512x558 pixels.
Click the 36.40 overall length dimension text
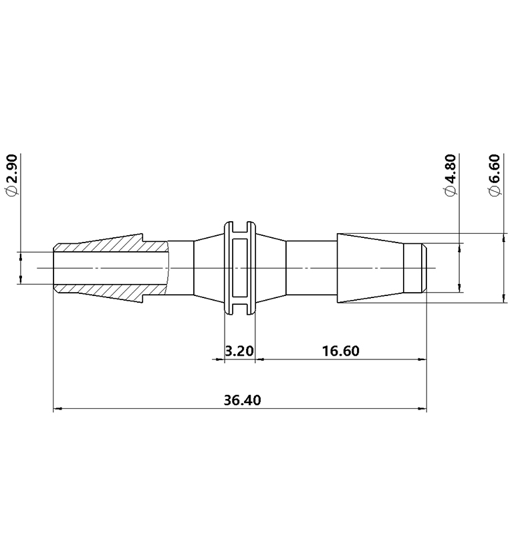coord(243,400)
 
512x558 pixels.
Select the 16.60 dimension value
coord(341,351)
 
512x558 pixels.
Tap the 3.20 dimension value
coord(239,351)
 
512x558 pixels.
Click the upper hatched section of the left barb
coord(107,243)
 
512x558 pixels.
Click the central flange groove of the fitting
coord(239,268)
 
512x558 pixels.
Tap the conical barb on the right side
coord(371,268)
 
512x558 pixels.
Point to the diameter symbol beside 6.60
coord(495,191)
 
